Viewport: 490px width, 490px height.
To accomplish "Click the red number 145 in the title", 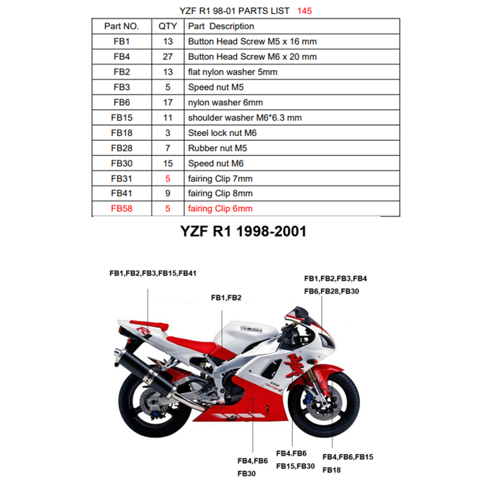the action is pos(304,11).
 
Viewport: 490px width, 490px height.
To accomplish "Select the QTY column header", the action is pos(168,26).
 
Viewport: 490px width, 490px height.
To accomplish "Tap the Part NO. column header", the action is pos(122,26).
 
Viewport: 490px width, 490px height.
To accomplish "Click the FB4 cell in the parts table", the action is pos(122,56).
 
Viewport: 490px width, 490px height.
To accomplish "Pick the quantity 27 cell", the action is pos(168,56).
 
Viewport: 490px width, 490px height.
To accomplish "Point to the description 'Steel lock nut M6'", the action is pos(222,133).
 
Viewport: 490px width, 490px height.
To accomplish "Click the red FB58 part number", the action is pos(122,209).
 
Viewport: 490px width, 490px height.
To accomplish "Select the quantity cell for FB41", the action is pos(168,194).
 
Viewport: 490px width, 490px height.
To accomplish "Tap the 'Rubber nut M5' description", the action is pos(218,148).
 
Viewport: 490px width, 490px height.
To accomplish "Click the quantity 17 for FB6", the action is pos(168,102).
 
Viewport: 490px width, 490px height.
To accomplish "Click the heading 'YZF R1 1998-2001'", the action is pos(243,232).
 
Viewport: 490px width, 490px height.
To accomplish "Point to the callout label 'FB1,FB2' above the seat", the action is pos(226,297).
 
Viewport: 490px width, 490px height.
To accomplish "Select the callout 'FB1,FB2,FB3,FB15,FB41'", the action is pos(153,273).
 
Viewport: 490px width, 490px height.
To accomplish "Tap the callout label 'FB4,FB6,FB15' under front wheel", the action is pos(348,457).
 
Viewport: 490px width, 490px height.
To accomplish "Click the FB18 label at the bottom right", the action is pos(332,470).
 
